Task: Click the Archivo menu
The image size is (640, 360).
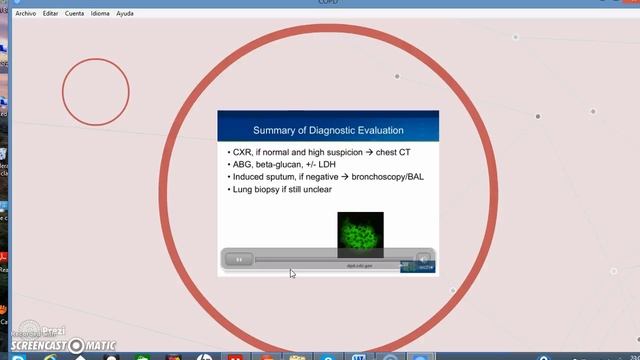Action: (x=25, y=14)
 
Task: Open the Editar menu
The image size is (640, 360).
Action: (x=50, y=14)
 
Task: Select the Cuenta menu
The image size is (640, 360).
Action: (x=74, y=14)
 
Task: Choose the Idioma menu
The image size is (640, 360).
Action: (x=100, y=14)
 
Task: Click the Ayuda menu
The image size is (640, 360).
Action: (x=125, y=14)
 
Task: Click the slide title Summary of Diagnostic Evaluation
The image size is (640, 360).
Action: (x=328, y=130)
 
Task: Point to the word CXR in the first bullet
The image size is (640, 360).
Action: (x=243, y=152)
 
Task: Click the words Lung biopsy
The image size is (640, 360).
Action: (x=257, y=189)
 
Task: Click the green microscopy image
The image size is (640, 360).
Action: (x=360, y=234)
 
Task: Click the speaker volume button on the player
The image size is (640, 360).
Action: (x=423, y=259)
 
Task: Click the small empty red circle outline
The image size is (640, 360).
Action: (x=96, y=92)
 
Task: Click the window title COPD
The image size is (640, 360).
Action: (x=320, y=4)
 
